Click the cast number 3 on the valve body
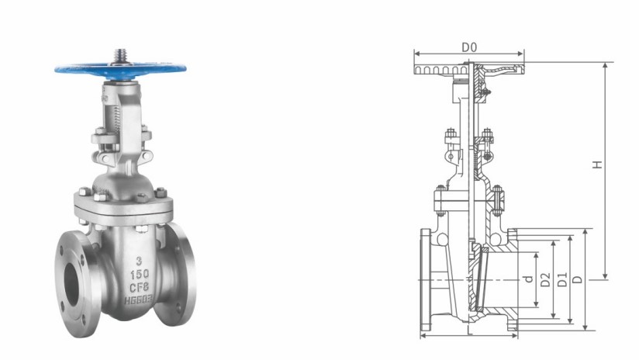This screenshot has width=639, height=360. coord(138,263)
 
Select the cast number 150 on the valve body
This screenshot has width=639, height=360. coord(138,275)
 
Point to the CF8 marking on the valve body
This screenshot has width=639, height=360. coord(139,289)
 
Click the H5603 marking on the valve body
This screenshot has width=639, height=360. coord(139,301)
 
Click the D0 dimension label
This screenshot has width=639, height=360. coord(468,48)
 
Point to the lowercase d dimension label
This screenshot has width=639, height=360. coord(527,279)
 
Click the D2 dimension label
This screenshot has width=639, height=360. coord(545,279)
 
